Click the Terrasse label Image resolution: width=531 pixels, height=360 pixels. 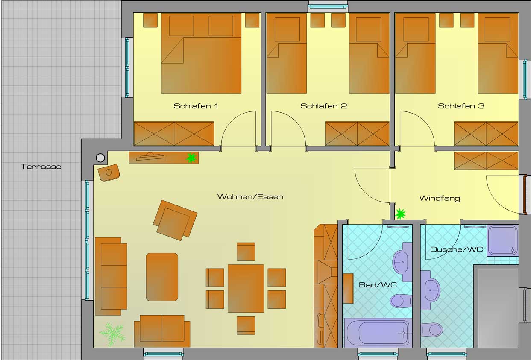[41, 167]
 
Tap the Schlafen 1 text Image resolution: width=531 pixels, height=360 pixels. [196, 106]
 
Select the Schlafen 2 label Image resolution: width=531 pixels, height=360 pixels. [323, 106]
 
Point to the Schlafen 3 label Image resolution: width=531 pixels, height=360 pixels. [461, 106]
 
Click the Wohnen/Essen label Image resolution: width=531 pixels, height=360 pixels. [250, 197]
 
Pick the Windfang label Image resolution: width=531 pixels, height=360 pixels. [439, 198]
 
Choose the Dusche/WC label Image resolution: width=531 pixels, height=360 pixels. [456, 249]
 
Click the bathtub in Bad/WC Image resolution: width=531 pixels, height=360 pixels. [378, 332]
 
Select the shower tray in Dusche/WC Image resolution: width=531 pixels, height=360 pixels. [502, 241]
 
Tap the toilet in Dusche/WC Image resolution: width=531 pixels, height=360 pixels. [431, 330]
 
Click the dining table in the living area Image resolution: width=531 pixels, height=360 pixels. [246, 288]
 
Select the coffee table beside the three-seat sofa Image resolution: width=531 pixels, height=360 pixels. [162, 277]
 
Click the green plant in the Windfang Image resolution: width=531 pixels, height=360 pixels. [400, 214]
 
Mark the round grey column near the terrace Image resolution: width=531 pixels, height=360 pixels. [100, 158]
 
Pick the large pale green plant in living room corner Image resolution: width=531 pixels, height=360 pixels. [112, 334]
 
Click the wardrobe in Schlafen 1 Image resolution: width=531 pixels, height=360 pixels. [174, 134]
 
